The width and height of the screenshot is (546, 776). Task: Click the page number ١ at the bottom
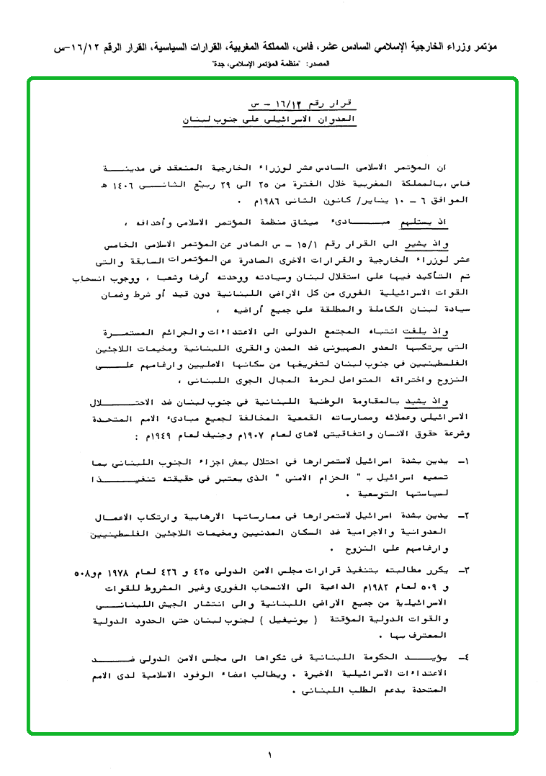[269, 755]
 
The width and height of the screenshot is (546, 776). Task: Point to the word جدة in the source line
[220, 65]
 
